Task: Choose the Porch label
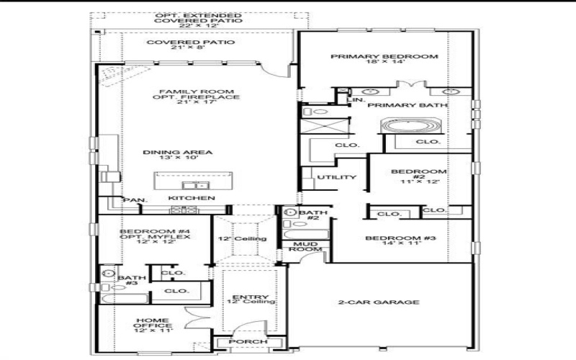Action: pyautogui.click(x=247, y=343)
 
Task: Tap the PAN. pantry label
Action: pyautogui.click(x=134, y=200)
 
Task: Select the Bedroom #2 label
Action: pyautogui.click(x=418, y=176)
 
